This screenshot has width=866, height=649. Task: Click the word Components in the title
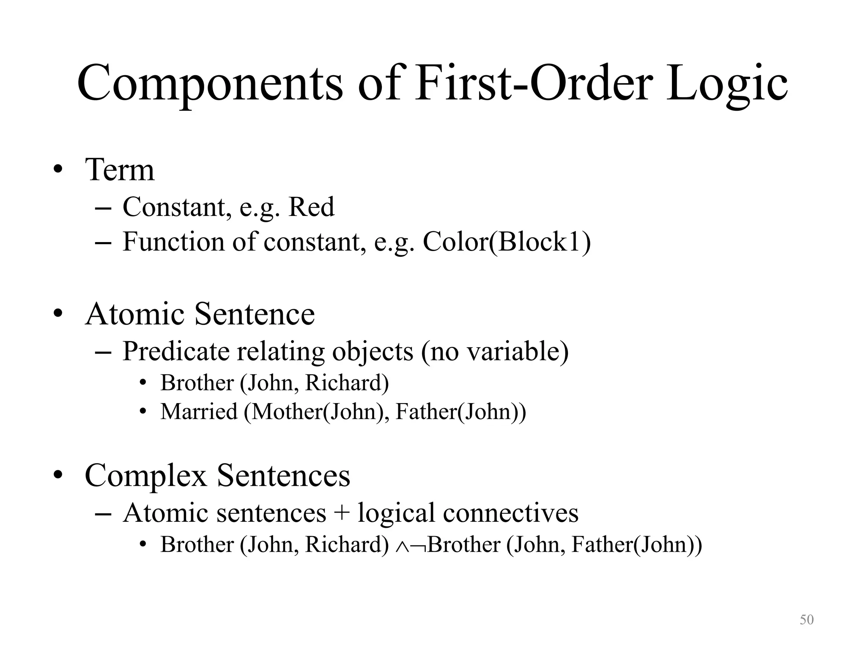pyautogui.click(x=210, y=84)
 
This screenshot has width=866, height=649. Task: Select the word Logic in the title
pyautogui.click(x=727, y=84)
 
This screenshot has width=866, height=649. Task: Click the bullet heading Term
pyautogui.click(x=120, y=170)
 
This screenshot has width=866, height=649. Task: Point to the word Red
pyautogui.click(x=311, y=207)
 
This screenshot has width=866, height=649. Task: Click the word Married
pyautogui.click(x=199, y=412)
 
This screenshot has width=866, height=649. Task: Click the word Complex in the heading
pyautogui.click(x=146, y=475)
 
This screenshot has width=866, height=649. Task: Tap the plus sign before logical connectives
pyautogui.click(x=342, y=513)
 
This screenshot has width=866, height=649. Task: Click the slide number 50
pyautogui.click(x=806, y=620)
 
